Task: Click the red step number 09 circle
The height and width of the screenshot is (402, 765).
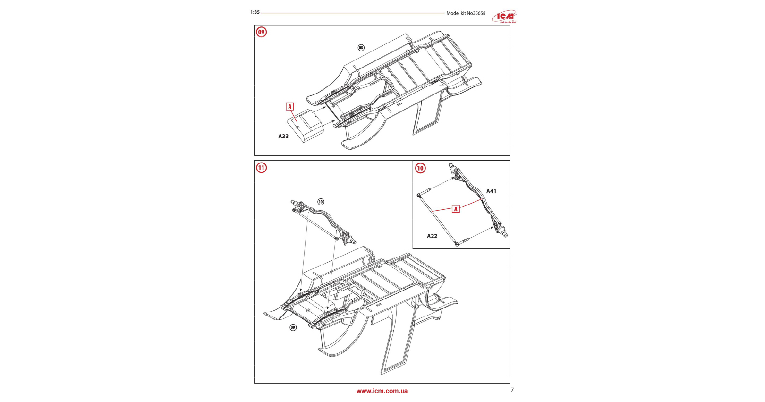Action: (x=261, y=32)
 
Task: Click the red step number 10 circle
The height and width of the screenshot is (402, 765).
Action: (x=420, y=168)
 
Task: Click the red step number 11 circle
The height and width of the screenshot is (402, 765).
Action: (x=261, y=168)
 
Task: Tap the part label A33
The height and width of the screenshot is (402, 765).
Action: (x=283, y=136)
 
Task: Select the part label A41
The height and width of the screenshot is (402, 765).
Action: (x=491, y=191)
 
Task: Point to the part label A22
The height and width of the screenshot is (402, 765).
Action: (x=432, y=236)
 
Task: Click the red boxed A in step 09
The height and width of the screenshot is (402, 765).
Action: (x=290, y=107)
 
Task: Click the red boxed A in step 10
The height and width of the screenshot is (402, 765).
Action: (x=456, y=209)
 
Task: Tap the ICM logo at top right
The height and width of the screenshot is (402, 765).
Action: (x=505, y=17)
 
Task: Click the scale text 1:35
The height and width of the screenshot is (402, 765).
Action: (x=255, y=12)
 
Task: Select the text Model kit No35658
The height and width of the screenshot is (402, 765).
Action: (x=466, y=13)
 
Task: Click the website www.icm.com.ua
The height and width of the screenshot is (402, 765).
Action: (x=382, y=391)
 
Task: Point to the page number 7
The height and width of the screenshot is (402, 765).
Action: (x=512, y=390)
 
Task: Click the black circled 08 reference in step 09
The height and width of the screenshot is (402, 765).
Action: (x=361, y=48)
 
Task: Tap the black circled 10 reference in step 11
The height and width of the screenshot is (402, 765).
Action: (x=321, y=202)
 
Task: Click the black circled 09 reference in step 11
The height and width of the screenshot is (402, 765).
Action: (x=293, y=327)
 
